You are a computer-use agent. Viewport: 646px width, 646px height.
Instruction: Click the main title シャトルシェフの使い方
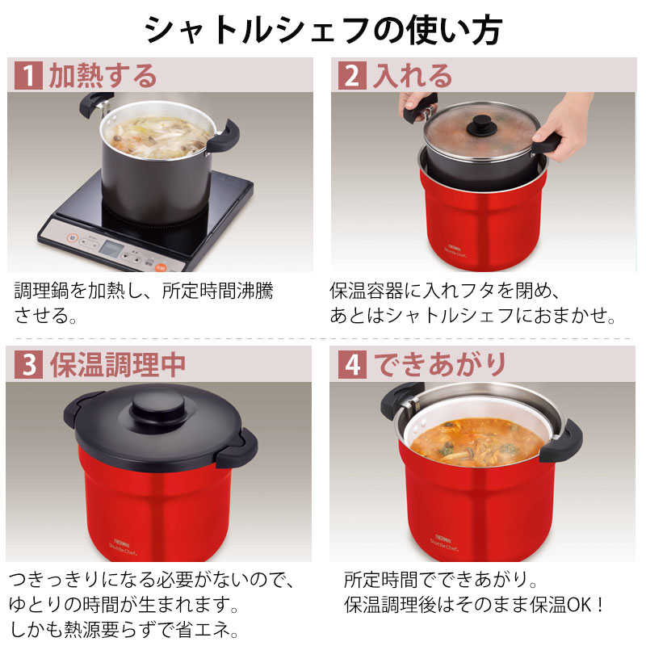[323, 31]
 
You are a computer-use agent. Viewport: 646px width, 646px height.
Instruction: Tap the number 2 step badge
[351, 76]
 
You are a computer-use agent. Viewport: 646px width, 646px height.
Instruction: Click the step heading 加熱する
[103, 76]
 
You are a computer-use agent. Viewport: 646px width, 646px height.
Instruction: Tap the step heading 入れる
[412, 76]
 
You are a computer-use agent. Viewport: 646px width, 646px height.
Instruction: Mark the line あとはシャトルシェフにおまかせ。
[473, 313]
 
